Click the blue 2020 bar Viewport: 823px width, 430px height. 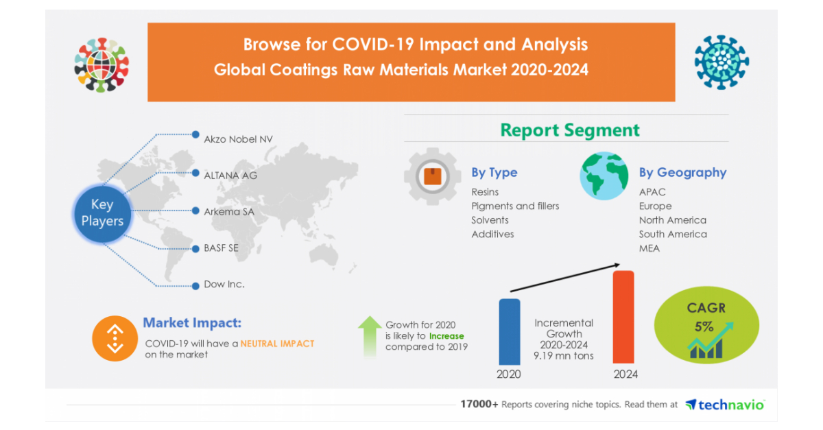[509, 331]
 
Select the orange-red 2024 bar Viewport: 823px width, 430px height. [623, 317]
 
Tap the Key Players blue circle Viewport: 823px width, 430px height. [102, 213]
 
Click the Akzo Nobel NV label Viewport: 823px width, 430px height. [238, 139]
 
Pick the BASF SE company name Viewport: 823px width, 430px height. [221, 248]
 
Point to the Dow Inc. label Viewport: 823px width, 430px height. [224, 284]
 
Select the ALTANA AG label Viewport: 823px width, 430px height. [230, 176]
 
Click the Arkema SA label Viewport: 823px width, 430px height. [228, 212]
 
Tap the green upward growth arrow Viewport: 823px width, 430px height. [370, 335]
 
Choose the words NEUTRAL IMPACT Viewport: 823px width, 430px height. [277, 344]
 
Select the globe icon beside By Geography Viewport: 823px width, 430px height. [604, 176]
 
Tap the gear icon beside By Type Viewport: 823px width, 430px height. [432, 176]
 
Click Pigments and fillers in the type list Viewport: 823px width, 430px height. [515, 206]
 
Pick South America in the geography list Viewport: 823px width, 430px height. [672, 234]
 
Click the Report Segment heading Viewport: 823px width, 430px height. [569, 130]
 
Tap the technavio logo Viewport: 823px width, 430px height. [724, 405]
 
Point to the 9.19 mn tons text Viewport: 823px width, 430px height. [564, 356]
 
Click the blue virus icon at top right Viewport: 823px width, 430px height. [721, 62]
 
